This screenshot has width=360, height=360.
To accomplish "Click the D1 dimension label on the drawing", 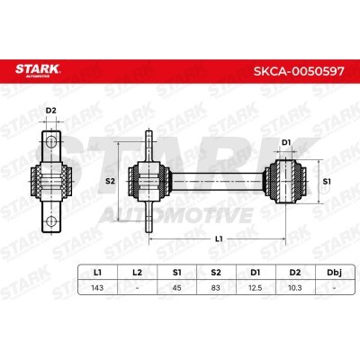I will click(287, 141).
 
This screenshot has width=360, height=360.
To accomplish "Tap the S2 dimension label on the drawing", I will click(112, 181).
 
